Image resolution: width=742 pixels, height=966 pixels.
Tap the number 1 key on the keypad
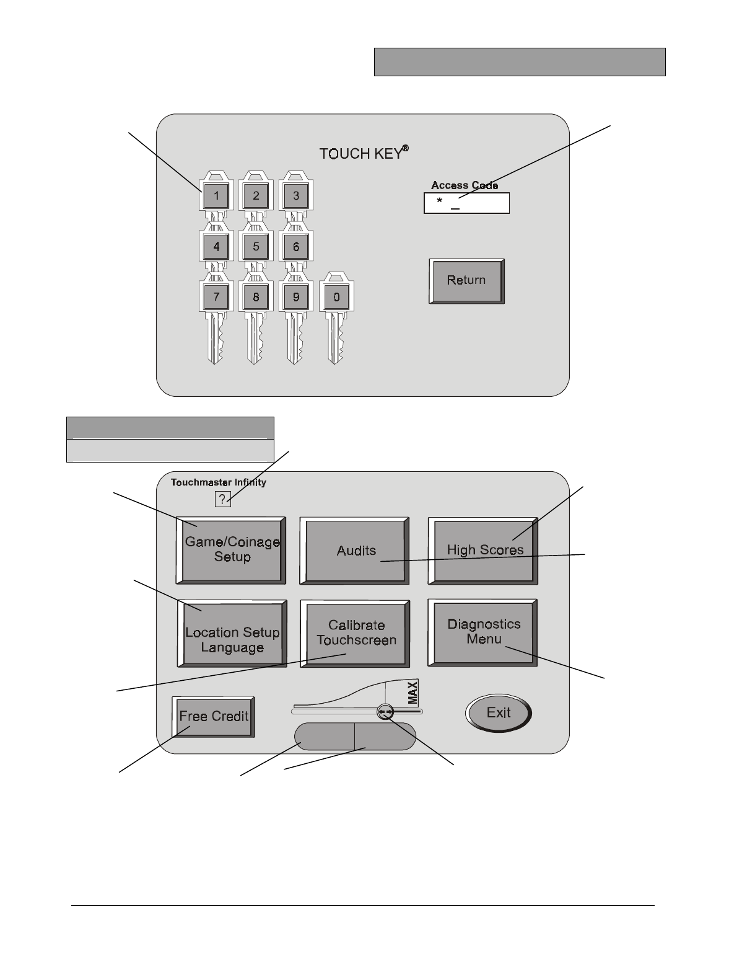(x=216, y=197)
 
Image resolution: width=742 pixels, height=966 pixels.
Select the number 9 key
(x=296, y=296)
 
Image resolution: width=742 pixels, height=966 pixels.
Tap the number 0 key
(x=336, y=296)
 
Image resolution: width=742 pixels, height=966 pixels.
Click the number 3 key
(x=296, y=197)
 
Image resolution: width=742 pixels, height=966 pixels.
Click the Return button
(x=466, y=280)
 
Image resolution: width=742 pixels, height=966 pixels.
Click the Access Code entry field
(x=466, y=203)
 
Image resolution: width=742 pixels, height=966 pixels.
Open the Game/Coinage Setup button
(x=232, y=549)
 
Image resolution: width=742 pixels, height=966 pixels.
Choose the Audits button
(x=356, y=550)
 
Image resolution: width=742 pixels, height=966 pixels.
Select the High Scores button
(x=484, y=549)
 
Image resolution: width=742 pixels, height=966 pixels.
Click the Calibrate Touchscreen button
(x=356, y=632)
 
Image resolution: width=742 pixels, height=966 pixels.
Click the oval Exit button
(x=499, y=712)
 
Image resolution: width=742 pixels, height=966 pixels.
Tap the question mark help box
(x=222, y=499)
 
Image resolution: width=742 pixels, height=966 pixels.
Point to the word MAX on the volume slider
(x=413, y=691)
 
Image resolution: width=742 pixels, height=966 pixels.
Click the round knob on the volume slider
(x=386, y=713)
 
